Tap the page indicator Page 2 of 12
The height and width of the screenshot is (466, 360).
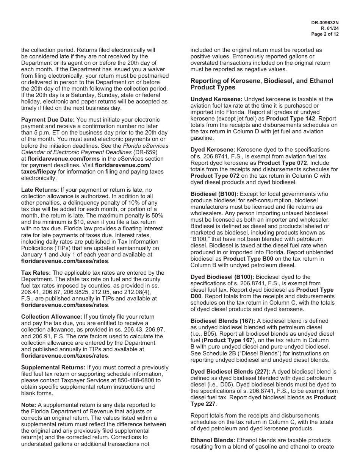[x=325, y=34]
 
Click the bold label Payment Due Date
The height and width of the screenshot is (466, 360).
[x=48, y=120]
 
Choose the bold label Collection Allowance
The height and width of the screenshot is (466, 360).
[x=52, y=317]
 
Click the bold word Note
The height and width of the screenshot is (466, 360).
[x=28, y=405]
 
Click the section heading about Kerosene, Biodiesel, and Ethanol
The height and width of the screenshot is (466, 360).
[x=261, y=84]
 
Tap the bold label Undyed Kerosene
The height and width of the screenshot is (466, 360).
[x=214, y=99]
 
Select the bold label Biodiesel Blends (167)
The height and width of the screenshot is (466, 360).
[x=222, y=321]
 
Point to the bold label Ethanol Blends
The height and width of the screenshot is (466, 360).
[x=212, y=440]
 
